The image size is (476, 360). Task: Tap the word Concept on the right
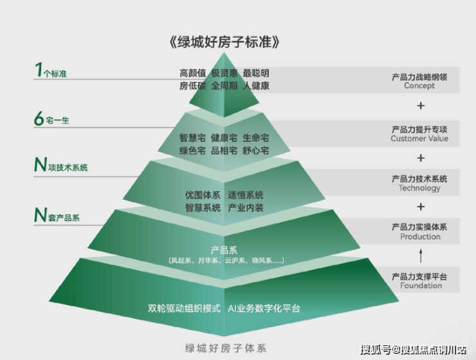[419, 86]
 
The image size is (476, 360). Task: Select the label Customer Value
[419, 138]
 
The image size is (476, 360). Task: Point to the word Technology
[419, 188]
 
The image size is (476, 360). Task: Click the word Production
[420, 237]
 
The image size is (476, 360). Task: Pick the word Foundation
[419, 285]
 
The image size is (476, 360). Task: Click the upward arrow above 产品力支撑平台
[421, 255]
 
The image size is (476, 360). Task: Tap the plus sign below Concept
[421, 105]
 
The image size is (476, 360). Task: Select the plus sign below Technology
[421, 206]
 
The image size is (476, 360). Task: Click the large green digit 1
[39, 69]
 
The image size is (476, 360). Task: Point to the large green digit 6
[39, 118]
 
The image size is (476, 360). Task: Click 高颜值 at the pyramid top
[192, 73]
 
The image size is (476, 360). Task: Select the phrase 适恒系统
[245, 195]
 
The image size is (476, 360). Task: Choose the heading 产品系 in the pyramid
[224, 249]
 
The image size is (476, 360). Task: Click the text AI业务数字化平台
[264, 308]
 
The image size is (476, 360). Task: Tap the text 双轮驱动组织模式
[184, 308]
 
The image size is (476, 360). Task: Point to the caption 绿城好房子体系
[224, 348]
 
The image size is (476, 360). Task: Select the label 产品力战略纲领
[419, 76]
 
